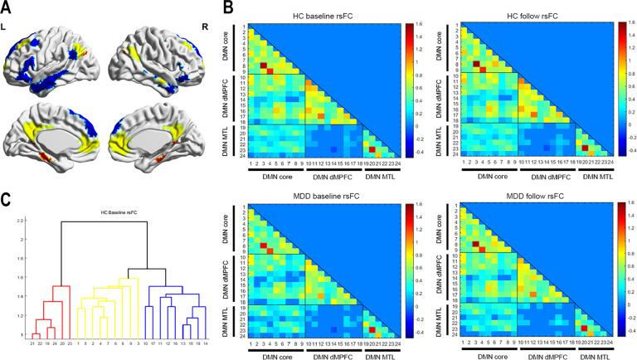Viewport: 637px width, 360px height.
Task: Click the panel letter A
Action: (7, 7)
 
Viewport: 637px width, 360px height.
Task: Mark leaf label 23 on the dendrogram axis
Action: (71, 342)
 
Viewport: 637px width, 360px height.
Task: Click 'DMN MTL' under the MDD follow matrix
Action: (593, 357)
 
